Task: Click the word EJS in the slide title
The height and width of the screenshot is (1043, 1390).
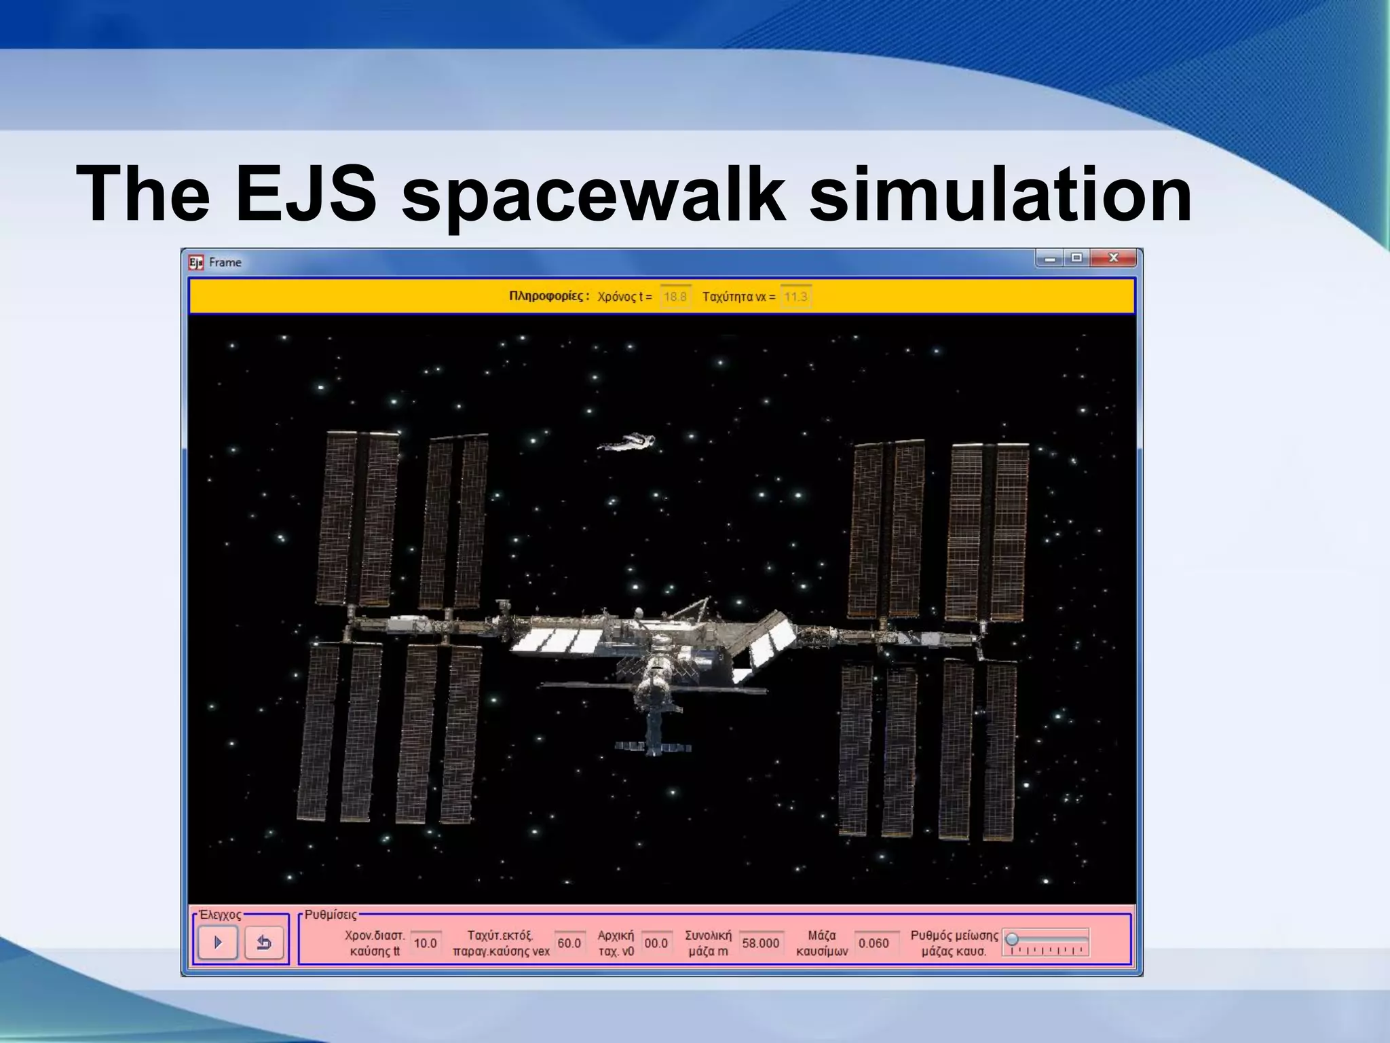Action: [305, 194]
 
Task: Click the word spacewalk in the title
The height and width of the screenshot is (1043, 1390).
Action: [594, 194]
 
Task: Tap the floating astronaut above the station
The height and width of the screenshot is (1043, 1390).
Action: [627, 443]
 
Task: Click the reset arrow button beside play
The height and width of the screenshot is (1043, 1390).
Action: [263, 943]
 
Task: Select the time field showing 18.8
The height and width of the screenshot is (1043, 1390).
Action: [675, 297]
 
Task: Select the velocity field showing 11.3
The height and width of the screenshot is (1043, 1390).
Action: [795, 297]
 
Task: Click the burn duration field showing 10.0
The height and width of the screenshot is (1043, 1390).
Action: [426, 943]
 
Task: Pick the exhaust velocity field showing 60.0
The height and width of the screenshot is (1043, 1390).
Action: [569, 943]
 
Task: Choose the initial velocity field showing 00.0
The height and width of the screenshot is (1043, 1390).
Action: [656, 943]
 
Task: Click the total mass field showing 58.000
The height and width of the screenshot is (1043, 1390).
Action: [760, 943]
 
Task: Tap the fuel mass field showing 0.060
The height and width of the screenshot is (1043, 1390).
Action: [874, 943]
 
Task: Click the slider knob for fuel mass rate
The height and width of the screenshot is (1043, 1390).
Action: [1012, 939]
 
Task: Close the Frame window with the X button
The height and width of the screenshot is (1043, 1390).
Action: [1113, 258]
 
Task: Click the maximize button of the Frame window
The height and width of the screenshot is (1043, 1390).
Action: [1076, 258]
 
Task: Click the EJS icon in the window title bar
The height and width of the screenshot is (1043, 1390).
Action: [196, 262]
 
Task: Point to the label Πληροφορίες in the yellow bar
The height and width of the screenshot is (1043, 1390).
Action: [548, 296]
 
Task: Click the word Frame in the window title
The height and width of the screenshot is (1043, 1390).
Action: [225, 262]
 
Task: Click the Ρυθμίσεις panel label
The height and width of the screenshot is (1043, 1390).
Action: [331, 915]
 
